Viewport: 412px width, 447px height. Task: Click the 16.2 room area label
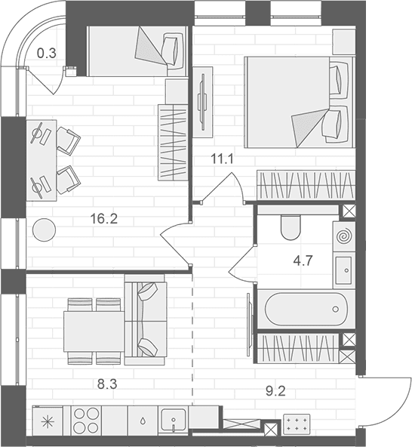click(103, 219)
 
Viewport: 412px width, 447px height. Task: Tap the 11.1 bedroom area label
click(222, 159)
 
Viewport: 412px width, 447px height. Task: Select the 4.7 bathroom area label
click(303, 260)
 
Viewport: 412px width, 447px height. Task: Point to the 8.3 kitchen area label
click(107, 384)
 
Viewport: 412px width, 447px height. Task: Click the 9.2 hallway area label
click(275, 391)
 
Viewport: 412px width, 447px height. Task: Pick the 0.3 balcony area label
click(47, 54)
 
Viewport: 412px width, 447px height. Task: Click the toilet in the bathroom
click(291, 227)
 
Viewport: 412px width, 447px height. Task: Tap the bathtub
click(306, 309)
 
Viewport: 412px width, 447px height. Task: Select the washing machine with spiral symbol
click(344, 236)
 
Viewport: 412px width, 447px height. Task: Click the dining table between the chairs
click(94, 331)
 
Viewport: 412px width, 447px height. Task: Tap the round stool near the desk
click(45, 230)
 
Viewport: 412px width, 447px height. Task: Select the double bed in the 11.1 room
click(300, 102)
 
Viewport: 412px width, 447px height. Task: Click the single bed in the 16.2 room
click(137, 51)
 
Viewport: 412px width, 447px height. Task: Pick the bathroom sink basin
click(343, 270)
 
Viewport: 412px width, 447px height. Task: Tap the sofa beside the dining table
click(146, 319)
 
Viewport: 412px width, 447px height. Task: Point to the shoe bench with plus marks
click(297, 424)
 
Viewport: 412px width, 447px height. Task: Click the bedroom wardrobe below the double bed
click(306, 185)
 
